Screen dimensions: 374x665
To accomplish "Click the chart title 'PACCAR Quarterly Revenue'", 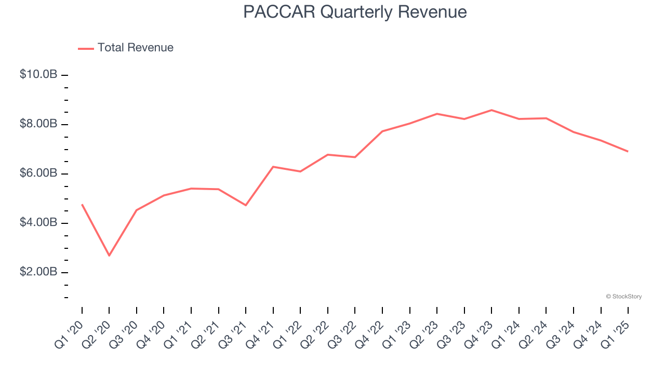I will (355, 12).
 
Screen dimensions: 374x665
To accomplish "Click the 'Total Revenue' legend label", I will (135, 48).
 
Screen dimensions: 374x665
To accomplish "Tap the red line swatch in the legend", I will (86, 48).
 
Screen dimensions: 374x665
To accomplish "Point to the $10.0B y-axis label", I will (38, 74).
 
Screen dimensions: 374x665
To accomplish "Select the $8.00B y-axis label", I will (38, 124).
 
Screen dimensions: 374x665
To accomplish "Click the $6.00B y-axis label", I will (38, 173).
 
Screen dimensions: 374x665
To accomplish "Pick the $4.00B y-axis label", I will (38, 222).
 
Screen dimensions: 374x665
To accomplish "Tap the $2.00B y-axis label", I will (38, 272).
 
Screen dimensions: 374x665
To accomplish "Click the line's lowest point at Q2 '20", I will (109, 256).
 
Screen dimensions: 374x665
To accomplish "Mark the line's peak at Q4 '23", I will (491, 110).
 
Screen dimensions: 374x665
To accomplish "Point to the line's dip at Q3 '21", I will (246, 205).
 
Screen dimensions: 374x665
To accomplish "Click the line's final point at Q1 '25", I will (628, 151).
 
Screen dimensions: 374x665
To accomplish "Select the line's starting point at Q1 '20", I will (82, 205).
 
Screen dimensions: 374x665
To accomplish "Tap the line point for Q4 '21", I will (273, 167).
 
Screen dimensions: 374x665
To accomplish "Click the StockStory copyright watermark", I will (623, 297).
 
